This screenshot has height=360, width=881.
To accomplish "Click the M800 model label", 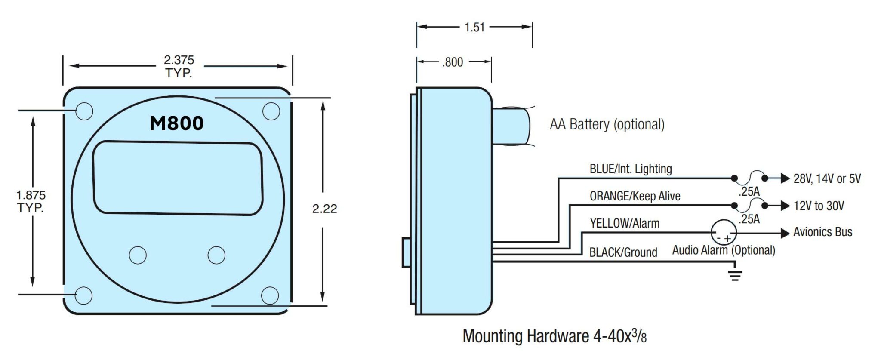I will [x=176, y=123].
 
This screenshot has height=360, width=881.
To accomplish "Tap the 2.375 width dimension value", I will [x=179, y=60].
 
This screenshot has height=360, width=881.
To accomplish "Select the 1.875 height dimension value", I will [x=31, y=196].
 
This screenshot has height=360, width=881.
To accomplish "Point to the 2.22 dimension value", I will [x=324, y=209].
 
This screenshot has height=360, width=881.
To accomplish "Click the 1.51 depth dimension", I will [x=474, y=28].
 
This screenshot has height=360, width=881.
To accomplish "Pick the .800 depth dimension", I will [x=453, y=62].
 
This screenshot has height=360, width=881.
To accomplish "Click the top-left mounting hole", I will [x=84, y=111].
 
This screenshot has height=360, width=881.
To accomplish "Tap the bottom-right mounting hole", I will [x=270, y=295].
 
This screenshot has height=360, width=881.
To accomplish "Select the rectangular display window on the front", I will [x=178, y=178].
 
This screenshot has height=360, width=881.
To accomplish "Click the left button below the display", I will [x=138, y=255].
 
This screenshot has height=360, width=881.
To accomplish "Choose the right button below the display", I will [x=216, y=255].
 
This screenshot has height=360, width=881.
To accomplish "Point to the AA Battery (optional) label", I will [x=607, y=125].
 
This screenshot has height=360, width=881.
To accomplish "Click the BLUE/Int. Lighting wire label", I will [x=631, y=169].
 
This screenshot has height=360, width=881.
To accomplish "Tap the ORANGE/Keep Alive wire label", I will [x=635, y=196].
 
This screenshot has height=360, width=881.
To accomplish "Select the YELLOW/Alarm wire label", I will [x=625, y=223].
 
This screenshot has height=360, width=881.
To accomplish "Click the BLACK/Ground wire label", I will [x=623, y=252].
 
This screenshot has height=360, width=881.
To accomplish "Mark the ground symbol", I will [x=735, y=275].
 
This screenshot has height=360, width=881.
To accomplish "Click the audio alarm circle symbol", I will [x=724, y=233].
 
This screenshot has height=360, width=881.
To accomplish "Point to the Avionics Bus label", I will [x=822, y=232].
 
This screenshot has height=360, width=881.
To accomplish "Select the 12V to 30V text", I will [x=819, y=206].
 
